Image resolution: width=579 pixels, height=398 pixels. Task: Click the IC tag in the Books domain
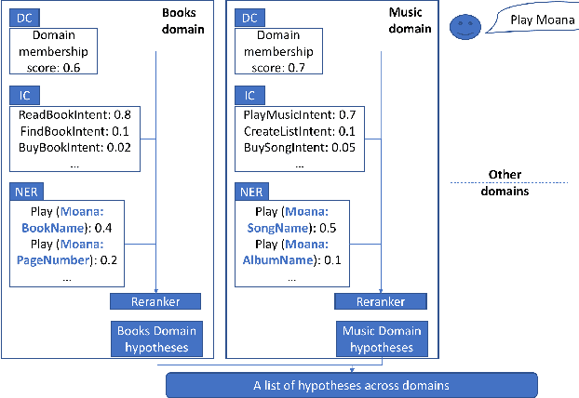(x=23, y=95)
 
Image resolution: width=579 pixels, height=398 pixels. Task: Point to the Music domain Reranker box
(x=381, y=301)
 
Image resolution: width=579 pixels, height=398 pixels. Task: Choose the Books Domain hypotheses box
(x=156, y=338)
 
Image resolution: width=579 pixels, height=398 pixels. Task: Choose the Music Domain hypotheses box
(x=381, y=338)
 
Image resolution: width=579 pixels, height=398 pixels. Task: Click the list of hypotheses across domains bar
(x=351, y=384)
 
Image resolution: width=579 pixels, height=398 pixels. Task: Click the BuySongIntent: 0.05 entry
(x=299, y=147)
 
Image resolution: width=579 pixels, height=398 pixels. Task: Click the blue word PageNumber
(x=53, y=260)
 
